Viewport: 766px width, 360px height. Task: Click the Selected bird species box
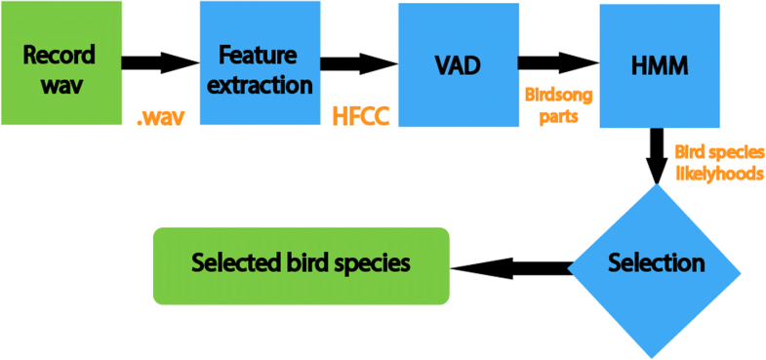301,264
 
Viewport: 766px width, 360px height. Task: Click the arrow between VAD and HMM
557,62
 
